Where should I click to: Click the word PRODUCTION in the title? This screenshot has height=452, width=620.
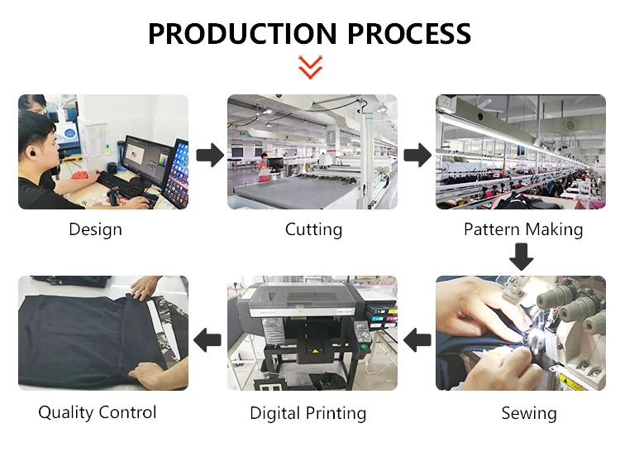242,33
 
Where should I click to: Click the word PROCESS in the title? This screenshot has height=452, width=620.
409,33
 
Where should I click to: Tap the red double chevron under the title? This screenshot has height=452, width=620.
310,67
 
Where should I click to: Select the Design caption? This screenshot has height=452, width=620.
95,229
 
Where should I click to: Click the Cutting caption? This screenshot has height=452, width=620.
313,229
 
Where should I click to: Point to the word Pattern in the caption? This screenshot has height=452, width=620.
492,229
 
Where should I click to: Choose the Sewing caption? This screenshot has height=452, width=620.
529,413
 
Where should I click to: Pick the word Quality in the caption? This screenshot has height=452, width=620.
65,412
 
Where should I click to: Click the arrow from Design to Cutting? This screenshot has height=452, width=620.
210,155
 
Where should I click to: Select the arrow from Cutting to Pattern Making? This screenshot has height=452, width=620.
417,155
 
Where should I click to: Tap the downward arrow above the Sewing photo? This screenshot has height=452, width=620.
521,257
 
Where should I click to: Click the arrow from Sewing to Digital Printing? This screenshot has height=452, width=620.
417,339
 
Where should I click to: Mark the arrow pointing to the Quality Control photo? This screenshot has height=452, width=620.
207,339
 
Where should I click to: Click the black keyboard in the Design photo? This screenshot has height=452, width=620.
121,185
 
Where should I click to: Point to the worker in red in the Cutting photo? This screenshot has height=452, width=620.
263,167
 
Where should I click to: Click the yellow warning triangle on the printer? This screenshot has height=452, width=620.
315,351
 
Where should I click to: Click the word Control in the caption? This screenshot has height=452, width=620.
127,412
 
